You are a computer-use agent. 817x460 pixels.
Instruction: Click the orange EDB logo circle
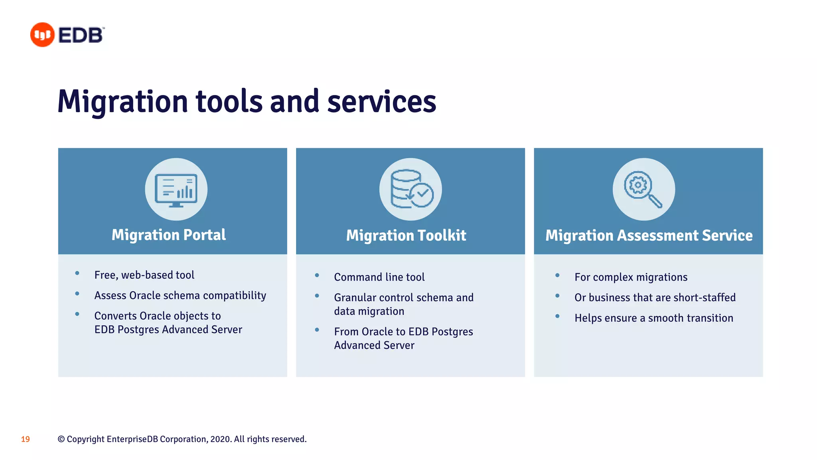tap(42, 35)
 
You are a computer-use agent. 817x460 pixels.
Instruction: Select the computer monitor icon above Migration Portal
tap(176, 190)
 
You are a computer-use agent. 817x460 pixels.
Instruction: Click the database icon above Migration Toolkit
tap(410, 190)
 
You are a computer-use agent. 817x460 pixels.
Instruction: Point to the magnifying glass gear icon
tap(643, 190)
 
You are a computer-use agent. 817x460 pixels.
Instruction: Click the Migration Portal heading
tap(169, 235)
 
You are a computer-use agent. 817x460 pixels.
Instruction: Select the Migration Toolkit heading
tap(406, 236)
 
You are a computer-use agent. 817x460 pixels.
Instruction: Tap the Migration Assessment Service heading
tap(649, 236)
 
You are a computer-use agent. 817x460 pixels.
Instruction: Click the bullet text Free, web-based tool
tap(144, 275)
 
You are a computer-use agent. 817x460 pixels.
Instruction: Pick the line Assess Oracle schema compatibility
tap(180, 295)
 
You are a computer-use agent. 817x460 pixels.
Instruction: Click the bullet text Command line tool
tap(379, 277)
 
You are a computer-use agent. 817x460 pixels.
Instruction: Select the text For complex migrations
tap(631, 277)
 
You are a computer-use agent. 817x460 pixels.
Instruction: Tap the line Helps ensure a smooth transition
tap(653, 318)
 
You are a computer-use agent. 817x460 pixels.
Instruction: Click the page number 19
tap(26, 439)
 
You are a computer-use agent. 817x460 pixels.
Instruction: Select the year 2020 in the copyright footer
tap(220, 439)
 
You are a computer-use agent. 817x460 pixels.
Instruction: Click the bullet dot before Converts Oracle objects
tap(77, 314)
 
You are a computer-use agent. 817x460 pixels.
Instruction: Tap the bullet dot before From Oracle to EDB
tap(317, 330)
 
